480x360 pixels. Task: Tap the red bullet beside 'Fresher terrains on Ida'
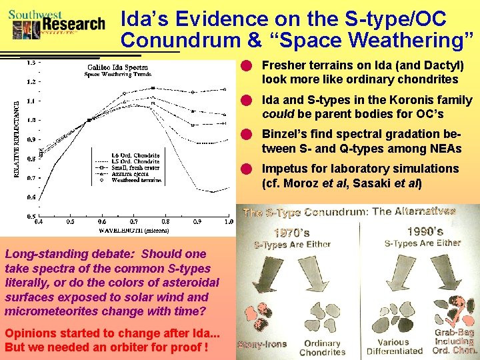246,66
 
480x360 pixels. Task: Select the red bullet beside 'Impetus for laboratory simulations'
246,168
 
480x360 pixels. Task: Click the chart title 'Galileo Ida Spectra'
117,67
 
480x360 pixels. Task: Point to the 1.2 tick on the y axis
31,82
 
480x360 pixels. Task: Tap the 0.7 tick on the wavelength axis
134,221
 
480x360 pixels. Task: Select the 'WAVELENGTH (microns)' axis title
133,231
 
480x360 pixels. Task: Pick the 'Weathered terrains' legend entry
137,180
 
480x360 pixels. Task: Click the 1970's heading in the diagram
292,233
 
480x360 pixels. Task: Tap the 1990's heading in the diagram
425,231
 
